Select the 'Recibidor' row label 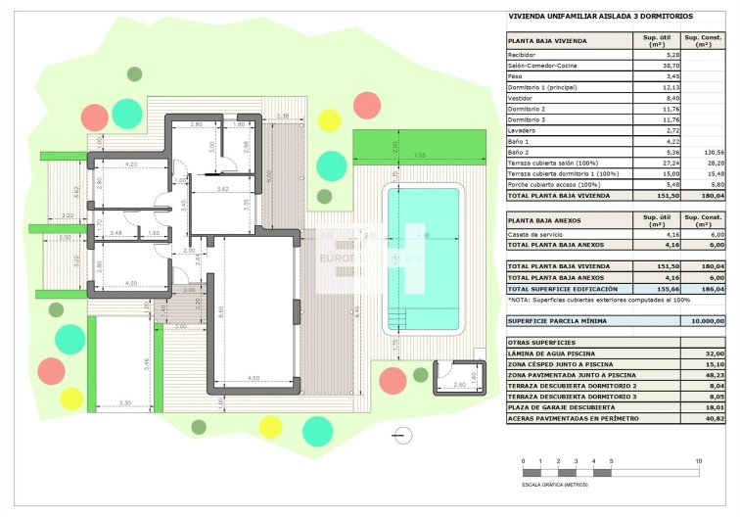pyautogui.click(x=522, y=55)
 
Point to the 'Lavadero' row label pyautogui.click(x=522, y=130)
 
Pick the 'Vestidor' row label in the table pyautogui.click(x=521, y=98)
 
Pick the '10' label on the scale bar pyautogui.click(x=697, y=460)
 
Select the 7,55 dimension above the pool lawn pyautogui.click(x=419, y=155)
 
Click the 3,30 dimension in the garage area pyautogui.click(x=124, y=402)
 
